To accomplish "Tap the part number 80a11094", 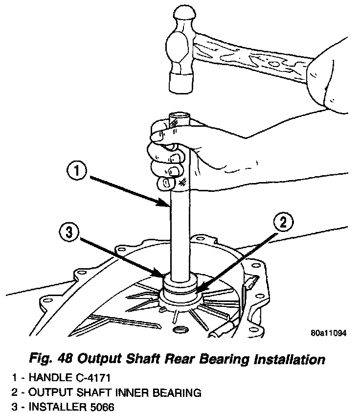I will coord(328,333).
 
